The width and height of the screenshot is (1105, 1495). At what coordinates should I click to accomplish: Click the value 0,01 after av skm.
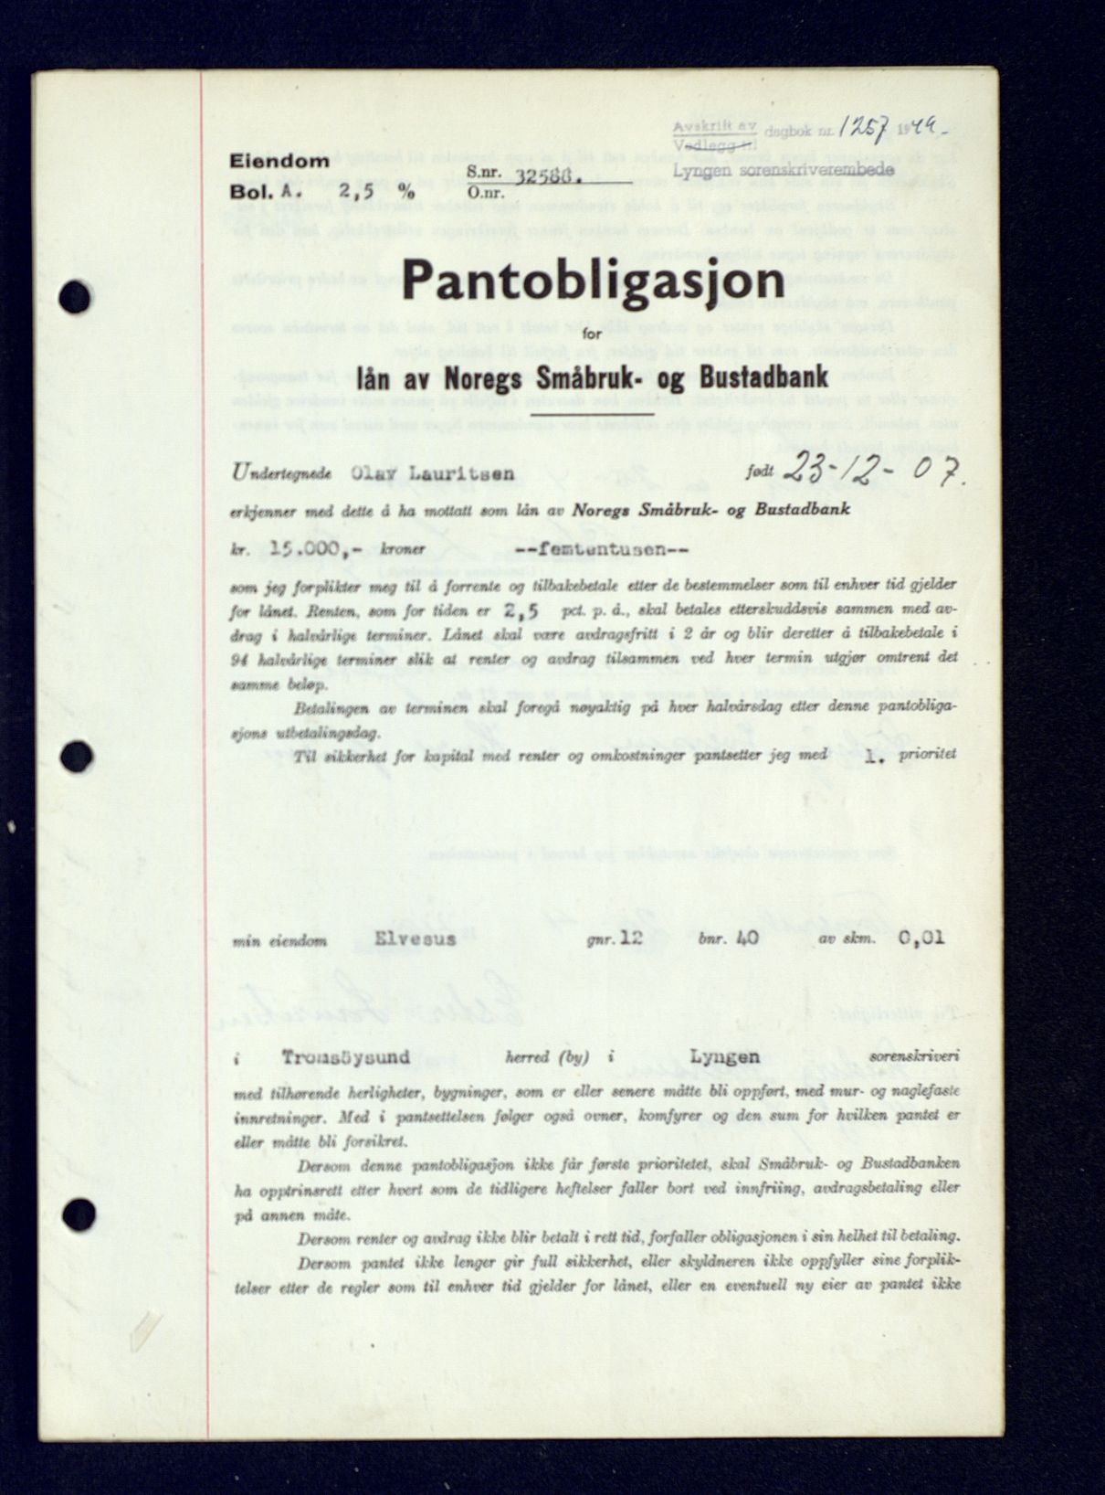click(921, 937)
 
